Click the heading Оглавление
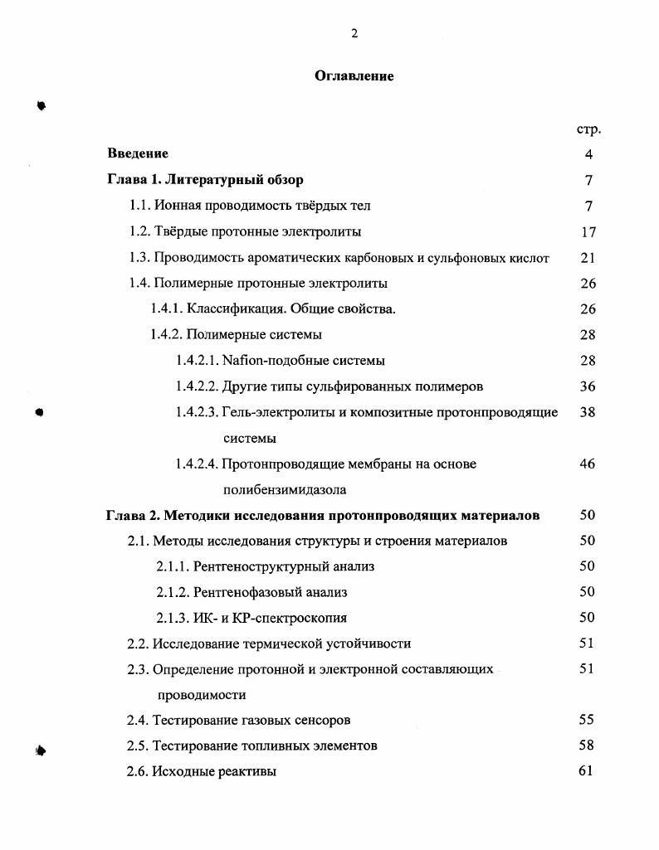click(x=354, y=76)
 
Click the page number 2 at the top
click(x=354, y=34)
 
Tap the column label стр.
click(x=588, y=129)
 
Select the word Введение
click(x=138, y=153)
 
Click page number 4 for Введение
click(x=588, y=154)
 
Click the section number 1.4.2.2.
click(x=197, y=386)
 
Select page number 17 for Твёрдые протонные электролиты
click(x=588, y=232)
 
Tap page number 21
click(x=588, y=258)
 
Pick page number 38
click(x=588, y=412)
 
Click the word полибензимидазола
click(x=285, y=490)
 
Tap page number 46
click(x=588, y=464)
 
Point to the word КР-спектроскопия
click(x=290, y=619)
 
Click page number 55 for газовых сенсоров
click(x=587, y=720)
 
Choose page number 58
click(x=587, y=746)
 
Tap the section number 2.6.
click(x=137, y=772)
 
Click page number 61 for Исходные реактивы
click(x=587, y=771)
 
